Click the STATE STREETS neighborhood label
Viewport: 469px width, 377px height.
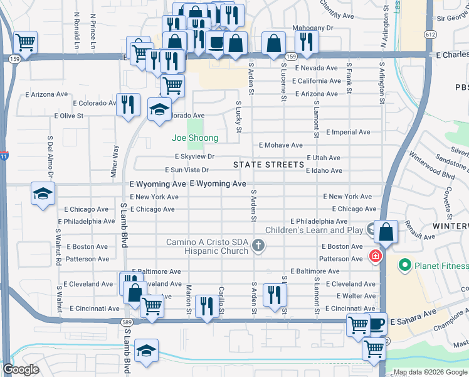268,165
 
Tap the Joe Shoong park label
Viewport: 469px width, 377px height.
196,138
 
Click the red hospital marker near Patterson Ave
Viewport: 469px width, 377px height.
376,256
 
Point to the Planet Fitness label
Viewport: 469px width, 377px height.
438,266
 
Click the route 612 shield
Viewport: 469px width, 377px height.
430,34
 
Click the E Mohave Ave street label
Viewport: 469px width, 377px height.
280,145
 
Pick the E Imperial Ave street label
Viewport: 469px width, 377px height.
349,133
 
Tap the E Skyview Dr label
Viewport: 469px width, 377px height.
194,157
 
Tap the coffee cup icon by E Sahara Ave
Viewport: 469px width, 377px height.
376,324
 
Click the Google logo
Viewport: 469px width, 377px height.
21,369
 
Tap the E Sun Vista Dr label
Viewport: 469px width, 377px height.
186,170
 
